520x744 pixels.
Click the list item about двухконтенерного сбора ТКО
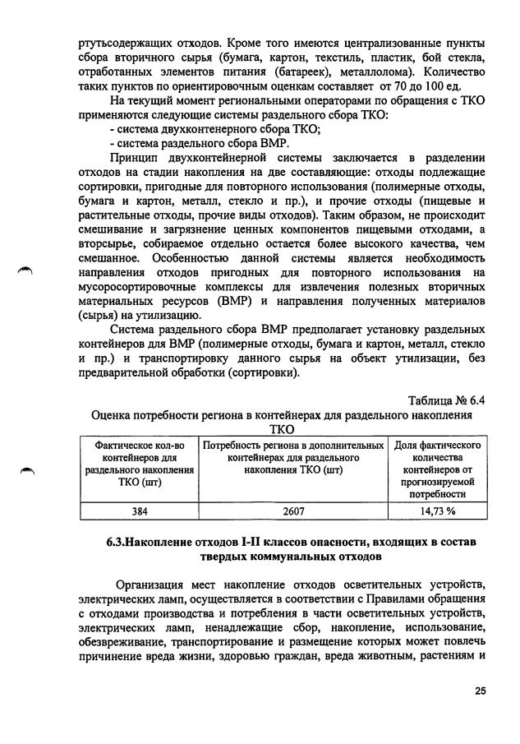coord(214,128)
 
